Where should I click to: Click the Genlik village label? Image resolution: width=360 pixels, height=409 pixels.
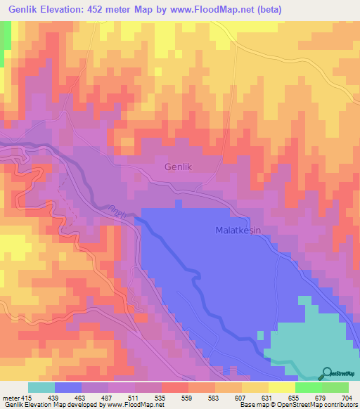click(x=179, y=167)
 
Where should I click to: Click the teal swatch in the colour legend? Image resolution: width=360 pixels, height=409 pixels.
click(x=41, y=387)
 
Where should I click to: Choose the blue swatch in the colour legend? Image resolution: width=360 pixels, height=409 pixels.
click(x=68, y=387)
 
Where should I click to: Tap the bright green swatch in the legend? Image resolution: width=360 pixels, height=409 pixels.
click(x=308, y=387)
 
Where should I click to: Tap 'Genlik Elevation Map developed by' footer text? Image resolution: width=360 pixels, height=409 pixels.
click(x=53, y=405)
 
